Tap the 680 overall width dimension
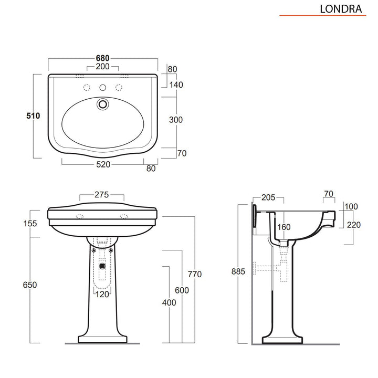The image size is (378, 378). [102, 58]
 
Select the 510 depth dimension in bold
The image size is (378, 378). [34, 117]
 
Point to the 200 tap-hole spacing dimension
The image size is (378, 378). [102, 67]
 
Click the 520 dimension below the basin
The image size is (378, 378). [102, 165]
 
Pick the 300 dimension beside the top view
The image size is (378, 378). [176, 120]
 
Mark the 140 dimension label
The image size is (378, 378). [176, 84]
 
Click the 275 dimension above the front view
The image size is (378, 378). [102, 194]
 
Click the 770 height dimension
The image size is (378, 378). [195, 274]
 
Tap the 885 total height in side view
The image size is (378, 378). [238, 271]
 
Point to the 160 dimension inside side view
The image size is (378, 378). [284, 228]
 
